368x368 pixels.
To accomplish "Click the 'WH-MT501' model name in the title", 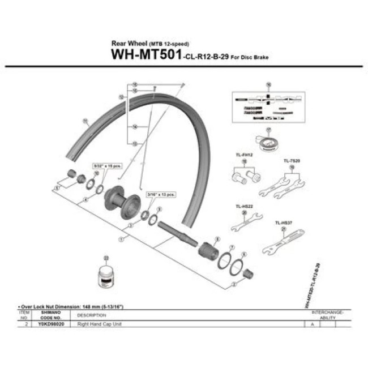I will pyautogui.click(x=146, y=55).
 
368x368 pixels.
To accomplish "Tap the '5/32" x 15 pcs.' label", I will pyautogui.click(x=108, y=166).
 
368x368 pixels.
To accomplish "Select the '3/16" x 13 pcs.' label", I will pyautogui.click(x=160, y=192).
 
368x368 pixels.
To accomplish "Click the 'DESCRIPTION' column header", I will pyautogui.click(x=88, y=315).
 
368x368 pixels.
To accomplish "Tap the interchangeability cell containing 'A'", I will pyautogui.click(x=312, y=324).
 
